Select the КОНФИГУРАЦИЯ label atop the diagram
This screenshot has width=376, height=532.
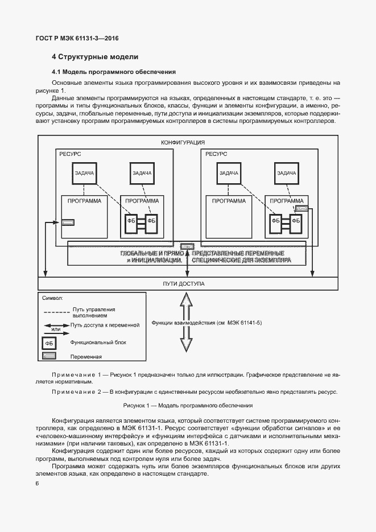(x=183, y=142)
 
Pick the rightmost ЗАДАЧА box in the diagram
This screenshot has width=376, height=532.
(x=286, y=173)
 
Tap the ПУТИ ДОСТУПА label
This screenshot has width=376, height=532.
(x=183, y=283)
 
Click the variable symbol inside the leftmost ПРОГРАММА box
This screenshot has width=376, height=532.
(x=68, y=221)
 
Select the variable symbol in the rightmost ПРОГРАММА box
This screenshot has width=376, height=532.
(x=301, y=209)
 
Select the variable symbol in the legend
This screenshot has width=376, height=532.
(x=49, y=357)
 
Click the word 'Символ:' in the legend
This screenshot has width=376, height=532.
(x=53, y=298)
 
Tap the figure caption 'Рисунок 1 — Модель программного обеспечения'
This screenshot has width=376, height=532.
(x=188, y=406)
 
